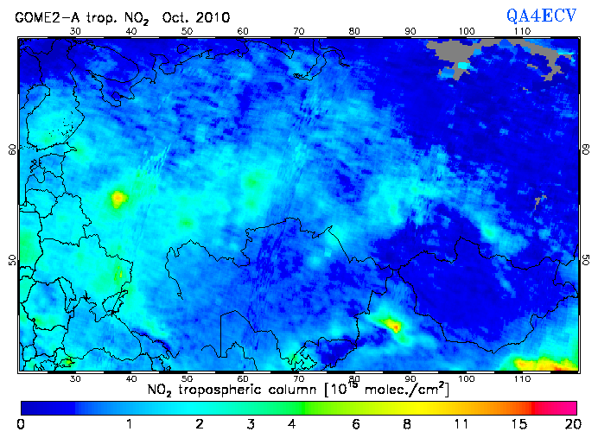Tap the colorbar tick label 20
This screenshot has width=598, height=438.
point(569,424)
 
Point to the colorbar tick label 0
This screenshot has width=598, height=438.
point(21,424)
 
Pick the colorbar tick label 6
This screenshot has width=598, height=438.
point(356,424)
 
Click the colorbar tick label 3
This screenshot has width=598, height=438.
point(249,424)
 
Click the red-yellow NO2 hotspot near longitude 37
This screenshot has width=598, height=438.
point(117,199)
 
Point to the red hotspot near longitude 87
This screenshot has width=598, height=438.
point(393,326)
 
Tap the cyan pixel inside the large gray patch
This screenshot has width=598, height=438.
point(462,66)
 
